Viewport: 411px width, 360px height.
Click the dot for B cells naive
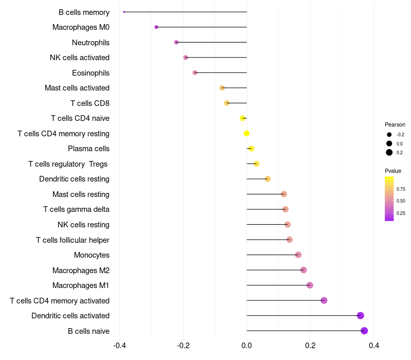(364, 331)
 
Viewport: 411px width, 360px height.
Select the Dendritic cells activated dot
(360, 316)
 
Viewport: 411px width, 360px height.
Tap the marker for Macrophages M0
(156, 27)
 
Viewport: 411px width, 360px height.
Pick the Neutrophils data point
(176, 42)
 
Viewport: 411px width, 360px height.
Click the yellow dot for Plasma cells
(251, 149)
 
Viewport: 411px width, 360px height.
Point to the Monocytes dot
(298, 255)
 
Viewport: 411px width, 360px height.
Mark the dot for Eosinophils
(195, 73)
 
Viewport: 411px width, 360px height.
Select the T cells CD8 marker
(227, 103)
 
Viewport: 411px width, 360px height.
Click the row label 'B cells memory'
(84, 12)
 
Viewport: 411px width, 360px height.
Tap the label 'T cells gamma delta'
(76, 209)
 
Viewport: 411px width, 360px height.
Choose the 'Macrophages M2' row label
(81, 270)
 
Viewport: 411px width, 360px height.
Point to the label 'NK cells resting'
(83, 225)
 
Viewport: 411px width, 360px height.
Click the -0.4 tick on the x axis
(119, 345)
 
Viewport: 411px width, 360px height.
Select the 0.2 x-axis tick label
(310, 345)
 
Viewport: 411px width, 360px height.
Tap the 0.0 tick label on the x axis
(247, 345)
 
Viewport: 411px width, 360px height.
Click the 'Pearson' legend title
(395, 124)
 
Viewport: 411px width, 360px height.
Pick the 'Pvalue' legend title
(393, 171)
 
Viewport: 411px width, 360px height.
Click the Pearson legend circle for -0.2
(389, 135)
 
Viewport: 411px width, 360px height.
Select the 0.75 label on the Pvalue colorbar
(401, 189)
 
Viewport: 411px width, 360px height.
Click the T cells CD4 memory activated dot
(324, 300)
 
